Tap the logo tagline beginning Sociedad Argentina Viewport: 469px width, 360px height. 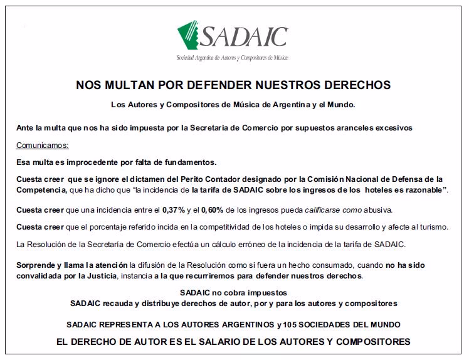[x=233, y=58]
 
